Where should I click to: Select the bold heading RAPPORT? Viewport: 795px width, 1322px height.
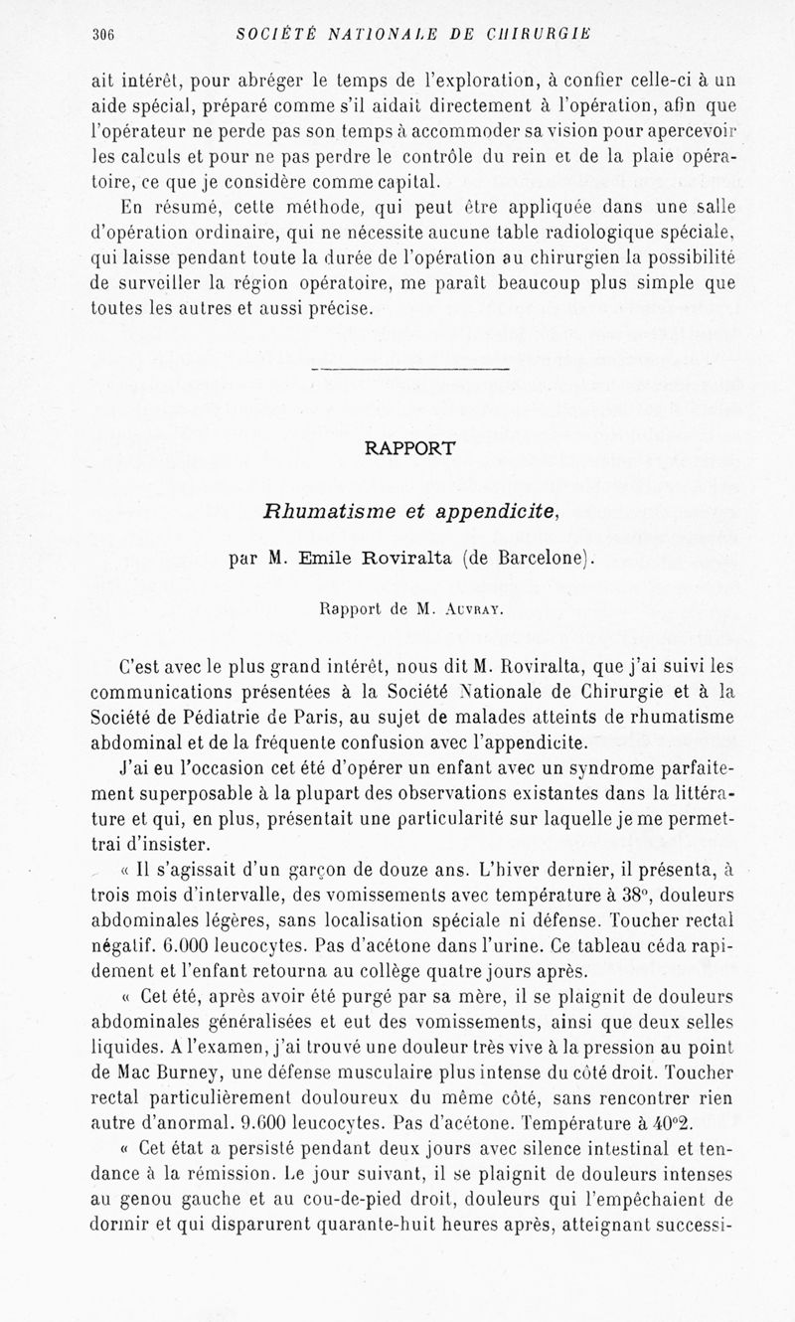coord(409,447)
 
